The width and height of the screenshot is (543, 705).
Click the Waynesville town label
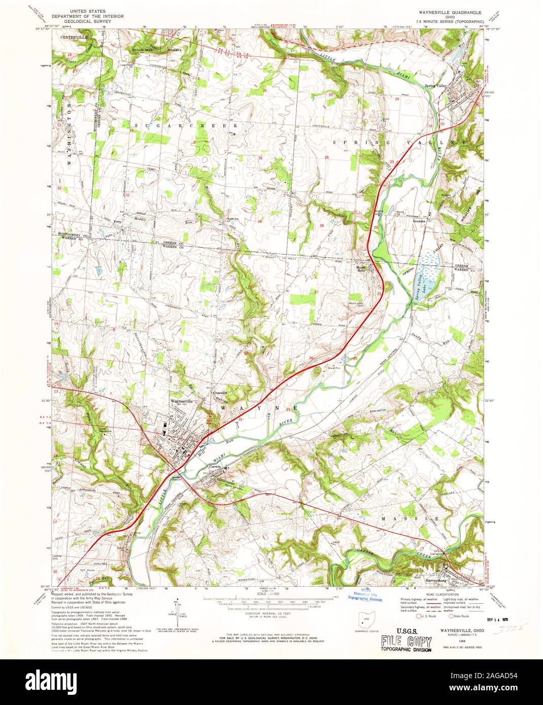(181, 400)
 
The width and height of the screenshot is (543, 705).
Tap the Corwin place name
(217, 466)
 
